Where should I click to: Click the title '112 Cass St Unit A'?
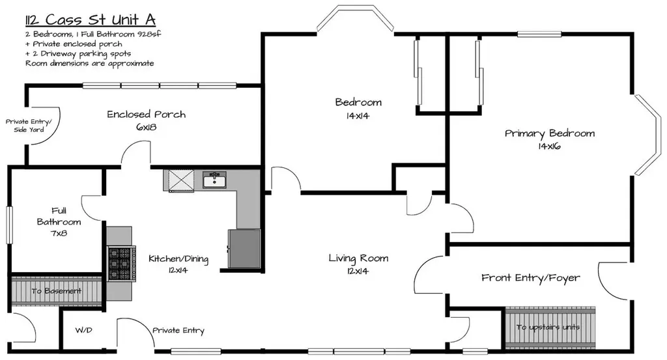pos(90,20)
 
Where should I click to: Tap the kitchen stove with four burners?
pos(122,264)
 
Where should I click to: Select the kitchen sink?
pos(214,180)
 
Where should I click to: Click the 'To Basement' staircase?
pos(56,291)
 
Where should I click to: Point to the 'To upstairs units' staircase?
pos(550,327)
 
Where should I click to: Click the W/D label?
pos(84,330)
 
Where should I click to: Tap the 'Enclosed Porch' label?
pos(147,115)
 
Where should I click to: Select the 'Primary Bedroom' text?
pos(550,133)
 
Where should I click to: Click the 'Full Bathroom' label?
pos(59,216)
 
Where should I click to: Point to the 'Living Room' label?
pos(358,258)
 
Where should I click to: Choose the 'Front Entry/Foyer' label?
pos(530,278)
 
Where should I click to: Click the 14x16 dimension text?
pos(549,146)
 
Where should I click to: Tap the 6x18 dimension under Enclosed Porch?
pos(147,127)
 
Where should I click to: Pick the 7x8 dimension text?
pos(59,233)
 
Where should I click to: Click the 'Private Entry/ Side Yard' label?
pos(29,126)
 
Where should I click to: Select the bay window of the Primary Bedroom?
pos(648,134)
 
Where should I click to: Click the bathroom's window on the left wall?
pos(9,225)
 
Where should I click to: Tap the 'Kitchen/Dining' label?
pos(178,259)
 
